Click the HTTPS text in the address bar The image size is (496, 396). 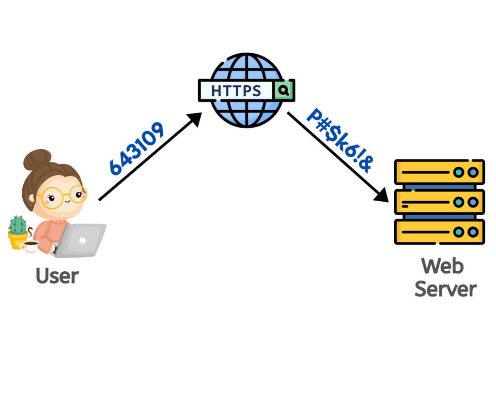tap(236, 90)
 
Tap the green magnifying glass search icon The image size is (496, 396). tap(284, 90)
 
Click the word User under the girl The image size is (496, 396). tap(57, 276)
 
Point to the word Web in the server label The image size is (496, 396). tap(442, 266)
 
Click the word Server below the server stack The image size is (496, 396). tap(446, 289)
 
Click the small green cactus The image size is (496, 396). tap(18, 225)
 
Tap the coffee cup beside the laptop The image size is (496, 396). tap(31, 246)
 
